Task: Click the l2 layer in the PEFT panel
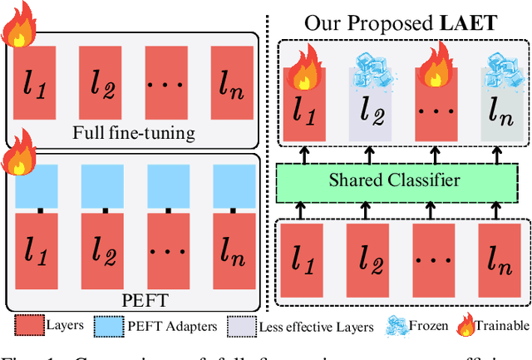click(101, 247)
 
